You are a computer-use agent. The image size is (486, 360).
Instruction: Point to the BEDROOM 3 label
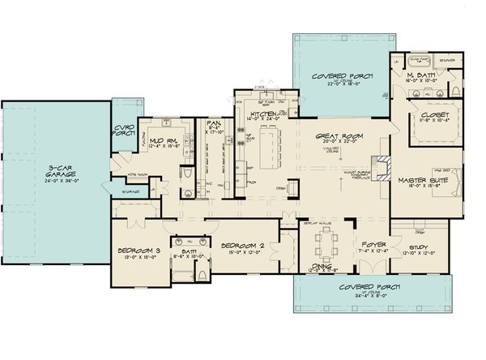pyautogui.click(x=135, y=250)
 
